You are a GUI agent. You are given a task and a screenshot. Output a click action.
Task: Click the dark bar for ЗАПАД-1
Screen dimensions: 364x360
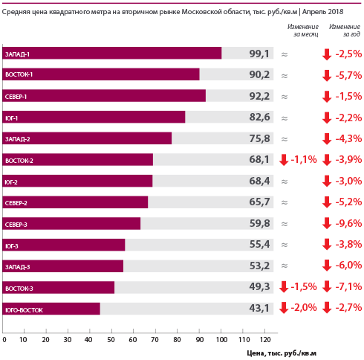(112, 53)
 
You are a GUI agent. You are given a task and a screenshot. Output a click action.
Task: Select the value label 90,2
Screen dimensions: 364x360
(259, 74)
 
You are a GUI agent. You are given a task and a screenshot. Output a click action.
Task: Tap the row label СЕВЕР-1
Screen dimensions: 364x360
(16, 97)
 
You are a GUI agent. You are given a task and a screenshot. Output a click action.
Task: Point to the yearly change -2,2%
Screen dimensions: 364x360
(348, 118)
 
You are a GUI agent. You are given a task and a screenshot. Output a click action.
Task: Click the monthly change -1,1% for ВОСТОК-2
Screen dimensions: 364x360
(304, 159)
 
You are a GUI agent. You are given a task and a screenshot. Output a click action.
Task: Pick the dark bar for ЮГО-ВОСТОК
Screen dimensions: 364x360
(51, 309)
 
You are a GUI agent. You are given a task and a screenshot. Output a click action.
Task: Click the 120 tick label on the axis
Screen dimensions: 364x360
(265, 339)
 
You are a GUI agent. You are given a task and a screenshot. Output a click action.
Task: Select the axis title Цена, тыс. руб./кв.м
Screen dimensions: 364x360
(282, 353)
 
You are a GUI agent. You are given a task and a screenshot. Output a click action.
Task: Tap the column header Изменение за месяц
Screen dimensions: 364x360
(303, 30)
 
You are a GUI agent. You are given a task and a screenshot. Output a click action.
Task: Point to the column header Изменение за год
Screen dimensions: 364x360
(345, 30)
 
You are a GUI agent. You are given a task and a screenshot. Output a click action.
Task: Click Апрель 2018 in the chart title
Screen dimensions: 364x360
(323, 11)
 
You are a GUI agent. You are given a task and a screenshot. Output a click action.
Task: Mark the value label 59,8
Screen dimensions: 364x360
(259, 223)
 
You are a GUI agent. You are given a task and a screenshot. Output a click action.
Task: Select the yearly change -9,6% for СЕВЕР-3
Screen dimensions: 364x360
(348, 223)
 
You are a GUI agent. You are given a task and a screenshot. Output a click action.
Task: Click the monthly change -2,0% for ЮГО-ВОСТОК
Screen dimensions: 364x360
(304, 308)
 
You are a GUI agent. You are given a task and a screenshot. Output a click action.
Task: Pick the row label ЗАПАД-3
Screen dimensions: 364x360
(17, 267)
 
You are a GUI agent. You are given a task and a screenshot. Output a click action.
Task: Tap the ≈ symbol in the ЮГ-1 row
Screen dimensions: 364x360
(285, 118)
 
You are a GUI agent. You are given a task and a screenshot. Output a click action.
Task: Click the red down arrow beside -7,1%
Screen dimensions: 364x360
(327, 286)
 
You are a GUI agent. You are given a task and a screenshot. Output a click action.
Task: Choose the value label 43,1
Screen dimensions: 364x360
(259, 308)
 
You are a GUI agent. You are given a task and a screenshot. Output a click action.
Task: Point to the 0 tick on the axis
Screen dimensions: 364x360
(4, 339)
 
